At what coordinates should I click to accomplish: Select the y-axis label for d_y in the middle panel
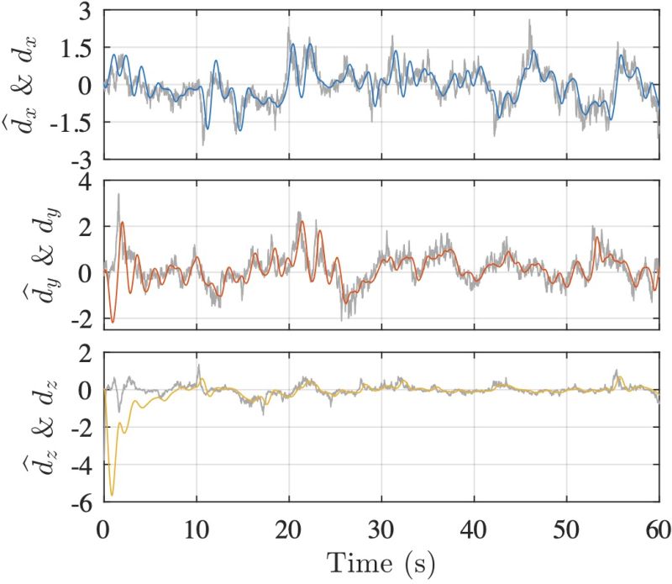34,252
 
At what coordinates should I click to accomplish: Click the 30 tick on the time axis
381,531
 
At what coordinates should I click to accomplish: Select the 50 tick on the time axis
567,531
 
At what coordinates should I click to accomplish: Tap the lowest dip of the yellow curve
112,496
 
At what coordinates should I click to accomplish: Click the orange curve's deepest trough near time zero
113,322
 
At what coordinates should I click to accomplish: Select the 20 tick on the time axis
289,531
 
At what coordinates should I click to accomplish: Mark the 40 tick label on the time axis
474,531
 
